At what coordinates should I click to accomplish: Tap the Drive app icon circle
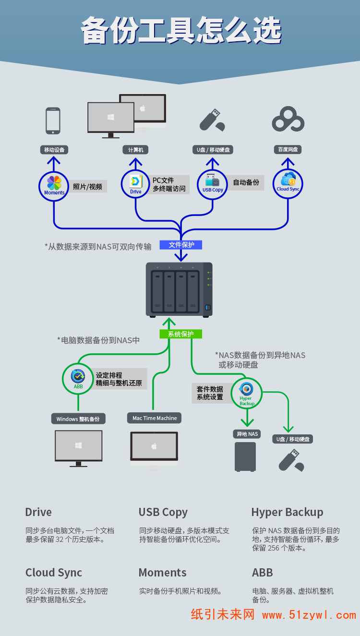(x=136, y=184)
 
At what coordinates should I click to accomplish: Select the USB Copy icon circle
(x=212, y=184)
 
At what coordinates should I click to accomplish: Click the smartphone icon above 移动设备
(x=53, y=120)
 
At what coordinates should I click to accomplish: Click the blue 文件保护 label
(x=181, y=245)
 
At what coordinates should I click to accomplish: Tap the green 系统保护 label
(x=181, y=334)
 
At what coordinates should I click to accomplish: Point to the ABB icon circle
(x=78, y=378)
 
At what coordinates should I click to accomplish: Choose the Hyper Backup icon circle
(x=247, y=393)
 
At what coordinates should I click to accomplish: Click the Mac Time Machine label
(x=155, y=418)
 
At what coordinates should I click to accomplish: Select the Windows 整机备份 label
(x=78, y=419)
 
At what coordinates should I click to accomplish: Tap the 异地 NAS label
(x=247, y=434)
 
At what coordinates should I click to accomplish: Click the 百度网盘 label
(x=288, y=150)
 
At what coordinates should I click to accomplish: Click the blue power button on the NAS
(x=208, y=307)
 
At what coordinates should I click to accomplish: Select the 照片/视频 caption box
(x=88, y=187)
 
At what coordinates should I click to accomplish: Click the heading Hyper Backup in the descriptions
(x=287, y=512)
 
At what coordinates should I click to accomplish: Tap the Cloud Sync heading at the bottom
(x=54, y=573)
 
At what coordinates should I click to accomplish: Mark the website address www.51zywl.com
(x=309, y=615)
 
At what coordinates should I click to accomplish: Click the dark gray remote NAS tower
(x=245, y=456)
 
